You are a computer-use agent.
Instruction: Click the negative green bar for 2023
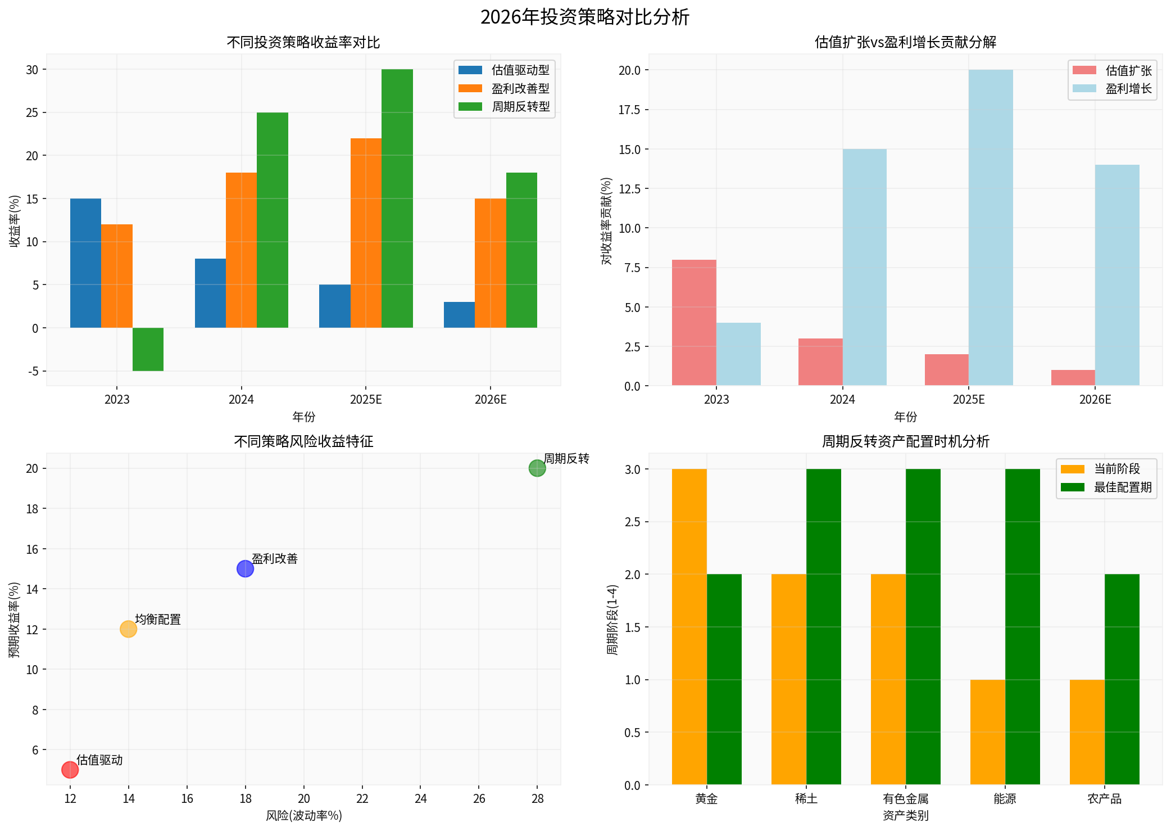point(148,349)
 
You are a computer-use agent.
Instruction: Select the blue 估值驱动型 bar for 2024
point(210,293)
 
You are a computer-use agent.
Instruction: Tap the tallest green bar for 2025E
point(397,198)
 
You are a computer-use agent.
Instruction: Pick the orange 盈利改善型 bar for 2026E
point(491,263)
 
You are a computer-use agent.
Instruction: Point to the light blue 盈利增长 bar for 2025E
point(991,228)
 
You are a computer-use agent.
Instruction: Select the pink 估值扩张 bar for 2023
point(694,323)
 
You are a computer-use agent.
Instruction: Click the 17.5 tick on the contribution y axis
point(629,110)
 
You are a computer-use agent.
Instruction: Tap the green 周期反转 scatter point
point(537,468)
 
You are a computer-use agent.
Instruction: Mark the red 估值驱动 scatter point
point(70,770)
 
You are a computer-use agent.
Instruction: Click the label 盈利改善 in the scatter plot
point(275,558)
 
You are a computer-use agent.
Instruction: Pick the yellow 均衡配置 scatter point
point(128,629)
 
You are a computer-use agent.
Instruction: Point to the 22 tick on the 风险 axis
point(362,798)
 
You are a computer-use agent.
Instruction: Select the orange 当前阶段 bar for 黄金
point(689,627)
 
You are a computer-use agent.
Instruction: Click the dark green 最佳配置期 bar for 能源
point(1023,627)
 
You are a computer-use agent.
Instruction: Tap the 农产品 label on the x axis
point(1104,798)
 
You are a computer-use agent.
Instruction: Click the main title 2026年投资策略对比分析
point(585,17)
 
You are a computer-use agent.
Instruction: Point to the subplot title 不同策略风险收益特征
point(303,441)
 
